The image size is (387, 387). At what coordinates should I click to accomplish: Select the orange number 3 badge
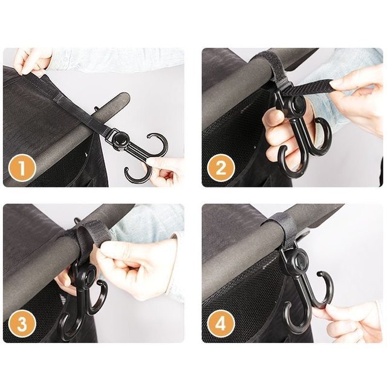(22, 325)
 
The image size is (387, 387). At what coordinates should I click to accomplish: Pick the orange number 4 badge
(221, 325)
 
